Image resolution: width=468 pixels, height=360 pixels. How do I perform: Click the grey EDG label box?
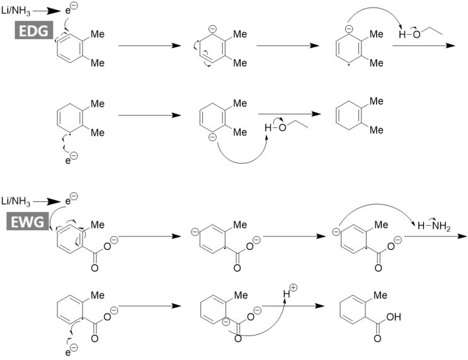pyautogui.click(x=34, y=30)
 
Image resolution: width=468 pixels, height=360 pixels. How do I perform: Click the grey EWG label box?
pyautogui.click(x=28, y=222)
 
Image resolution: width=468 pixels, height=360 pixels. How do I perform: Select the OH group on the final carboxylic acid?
pyautogui.click(x=394, y=317)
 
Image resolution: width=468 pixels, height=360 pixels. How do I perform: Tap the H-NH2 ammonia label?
pyautogui.click(x=434, y=226)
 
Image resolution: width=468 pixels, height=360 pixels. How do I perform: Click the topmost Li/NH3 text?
pyautogui.click(x=16, y=11)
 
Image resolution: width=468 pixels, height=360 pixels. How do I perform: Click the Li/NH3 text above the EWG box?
pyautogui.click(x=16, y=201)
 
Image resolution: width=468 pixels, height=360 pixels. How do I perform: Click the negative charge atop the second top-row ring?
pyautogui.click(x=212, y=29)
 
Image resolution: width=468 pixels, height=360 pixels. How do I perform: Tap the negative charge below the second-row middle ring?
pyautogui.click(x=212, y=137)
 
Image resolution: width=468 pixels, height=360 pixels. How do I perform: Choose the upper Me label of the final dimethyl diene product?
pyautogui.click(x=377, y=101)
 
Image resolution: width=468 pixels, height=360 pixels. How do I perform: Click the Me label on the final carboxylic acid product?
pyautogui.click(x=380, y=295)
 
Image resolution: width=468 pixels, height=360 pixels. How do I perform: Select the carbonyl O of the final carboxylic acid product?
pyautogui.click(x=377, y=339)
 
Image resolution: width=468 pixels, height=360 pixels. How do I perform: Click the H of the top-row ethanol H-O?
pyautogui.click(x=402, y=35)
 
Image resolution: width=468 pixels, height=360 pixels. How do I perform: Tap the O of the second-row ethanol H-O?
pyautogui.click(x=282, y=128)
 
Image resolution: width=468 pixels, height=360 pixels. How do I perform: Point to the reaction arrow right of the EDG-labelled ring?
pyautogui.click(x=149, y=46)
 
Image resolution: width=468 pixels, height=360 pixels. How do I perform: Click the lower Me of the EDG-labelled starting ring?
pyautogui.click(x=98, y=63)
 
